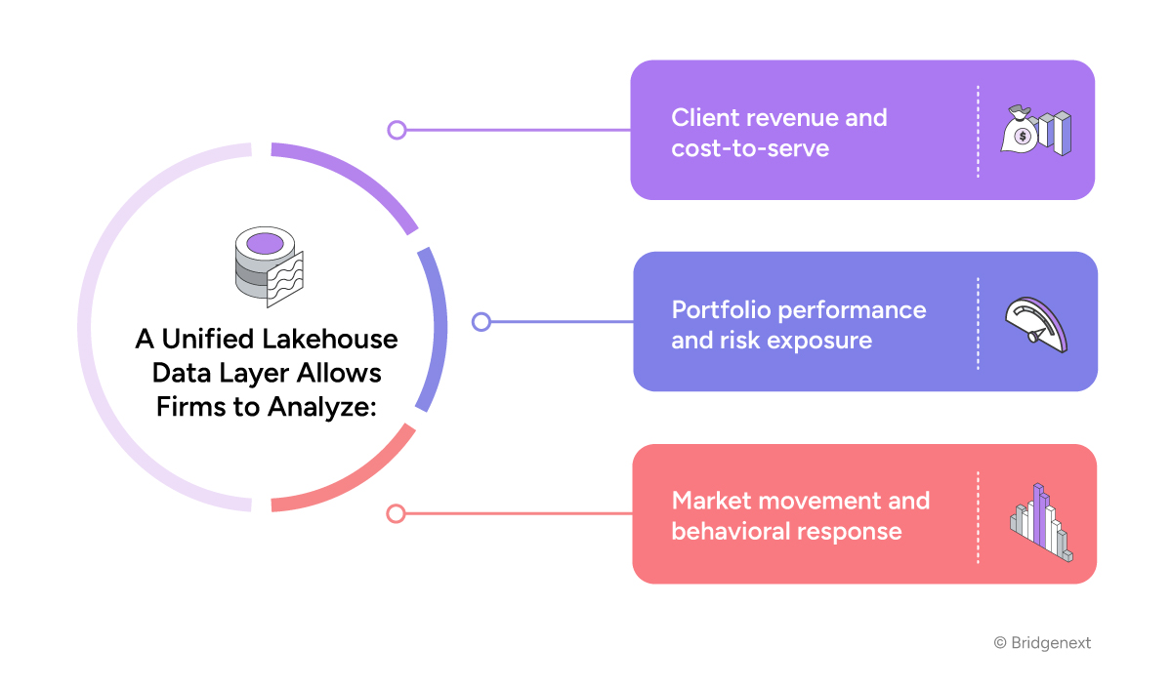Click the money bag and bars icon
point(1035,131)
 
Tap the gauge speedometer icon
point(1036,324)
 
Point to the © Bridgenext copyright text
point(1042,643)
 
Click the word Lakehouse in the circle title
point(333,340)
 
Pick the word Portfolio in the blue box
point(718,310)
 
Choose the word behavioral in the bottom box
point(733,532)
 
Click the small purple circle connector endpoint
point(397,130)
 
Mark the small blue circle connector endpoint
point(481,322)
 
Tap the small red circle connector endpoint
point(396,513)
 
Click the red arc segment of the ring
point(361,478)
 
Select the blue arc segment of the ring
point(435,328)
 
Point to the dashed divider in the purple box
point(978,131)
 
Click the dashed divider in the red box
point(978,516)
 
